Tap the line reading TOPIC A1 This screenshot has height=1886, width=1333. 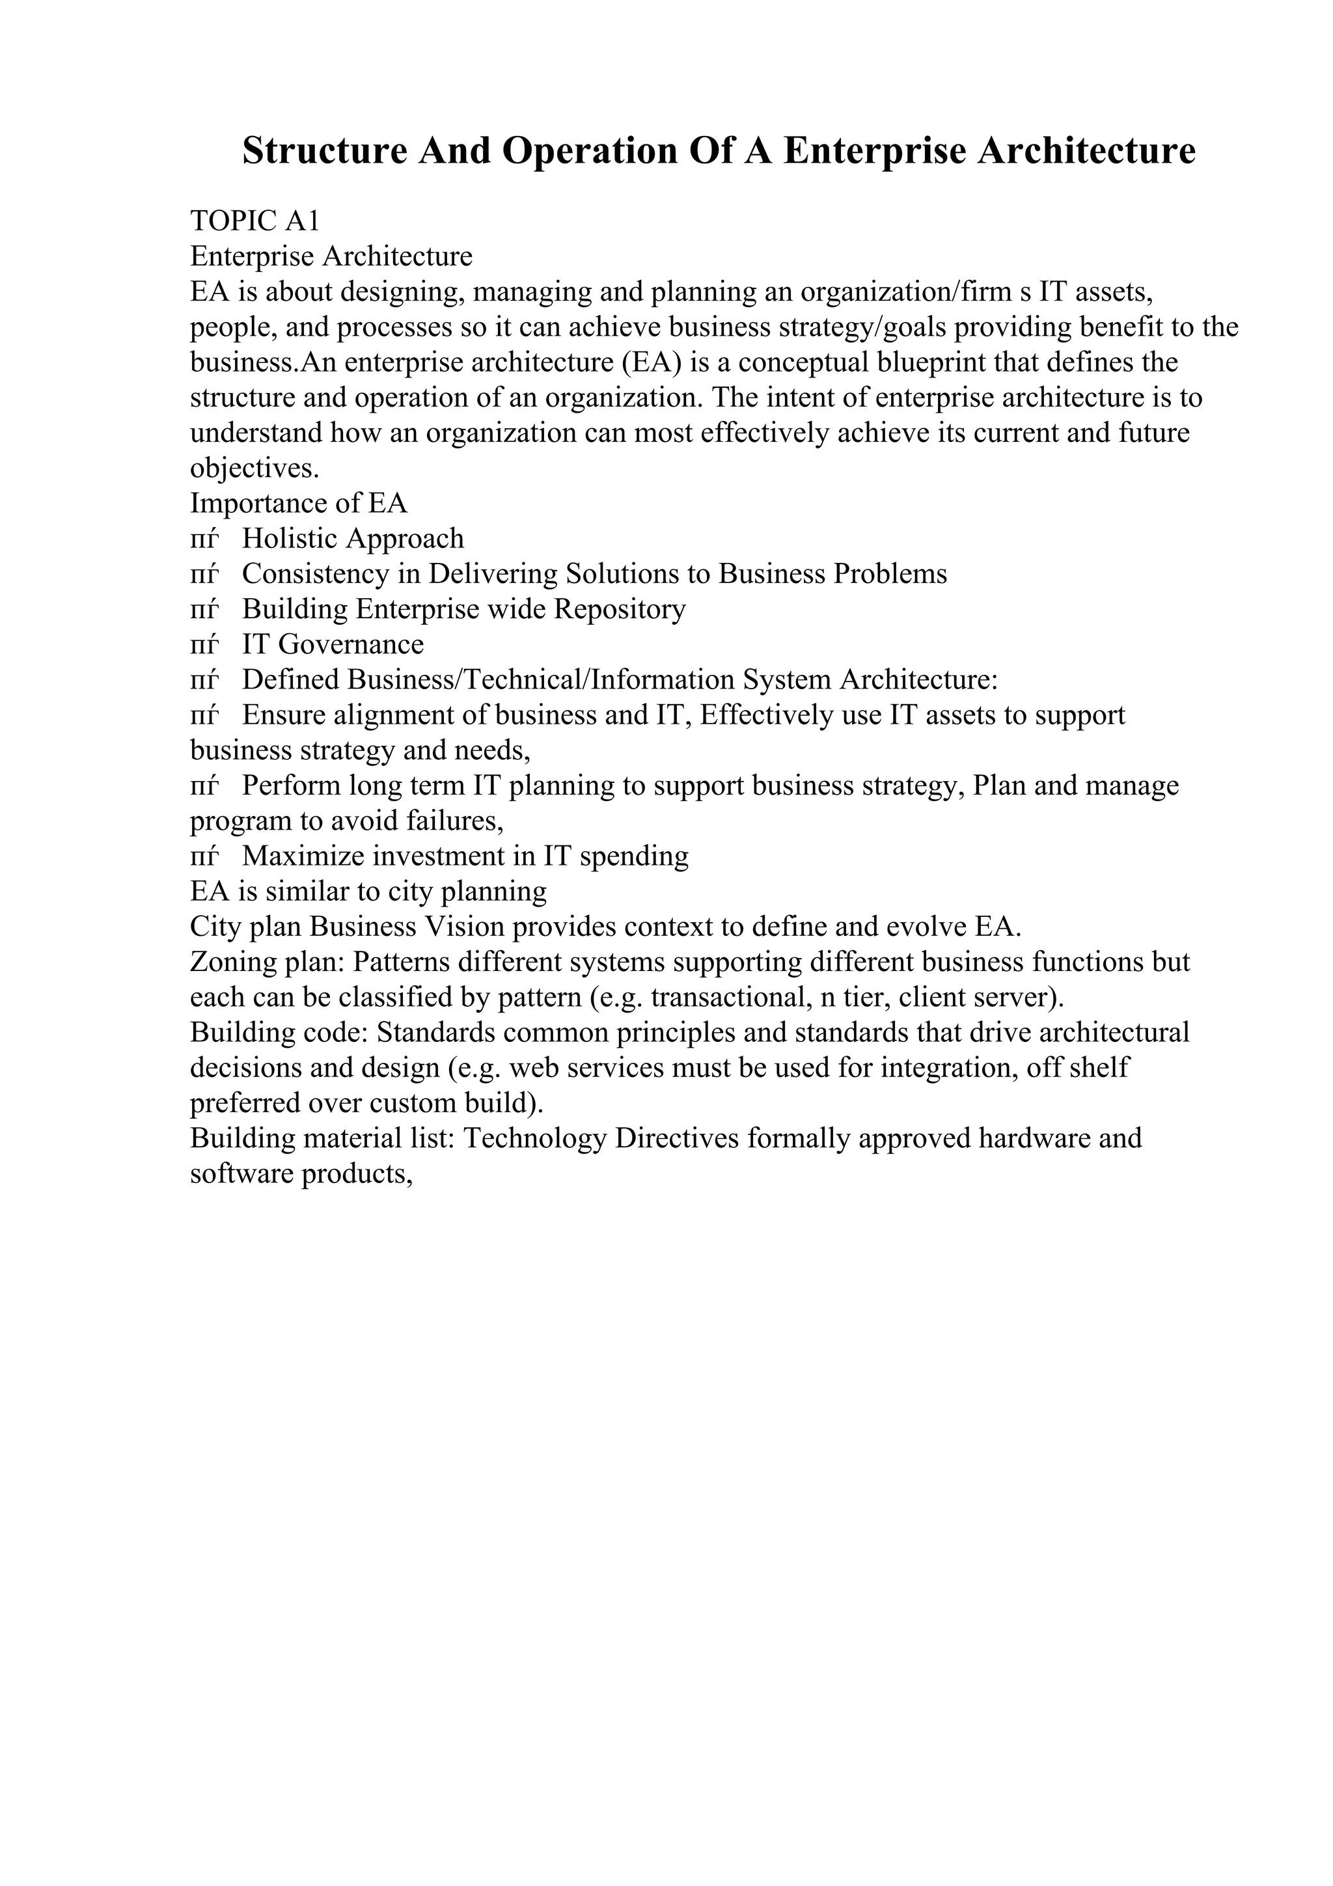tap(254, 221)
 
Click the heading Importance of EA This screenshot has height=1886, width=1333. tap(298, 502)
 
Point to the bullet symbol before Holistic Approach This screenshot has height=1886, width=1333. tap(204, 539)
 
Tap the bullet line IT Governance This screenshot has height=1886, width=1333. tap(333, 645)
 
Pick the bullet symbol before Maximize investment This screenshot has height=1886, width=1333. tap(204, 856)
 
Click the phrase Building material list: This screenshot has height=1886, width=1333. tap(323, 1138)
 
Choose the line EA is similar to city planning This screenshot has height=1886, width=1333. tap(368, 892)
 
